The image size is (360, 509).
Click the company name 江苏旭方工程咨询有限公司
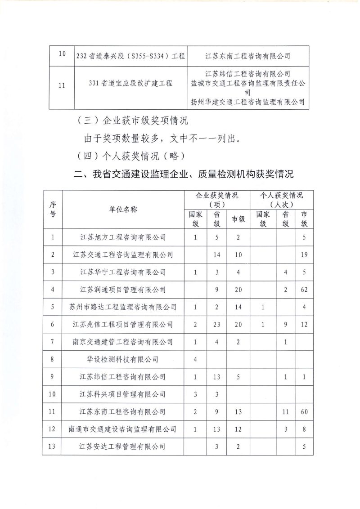point(123,237)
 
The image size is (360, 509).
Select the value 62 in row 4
point(304,290)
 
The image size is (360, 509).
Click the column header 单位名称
point(123,210)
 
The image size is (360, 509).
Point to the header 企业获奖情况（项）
point(217,200)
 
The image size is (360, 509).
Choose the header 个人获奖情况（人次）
point(282,200)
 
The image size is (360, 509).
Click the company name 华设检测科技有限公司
point(123,359)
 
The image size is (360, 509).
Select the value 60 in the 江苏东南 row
point(304,412)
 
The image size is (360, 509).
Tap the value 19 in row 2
point(304,254)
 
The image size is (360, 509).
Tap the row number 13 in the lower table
point(53,447)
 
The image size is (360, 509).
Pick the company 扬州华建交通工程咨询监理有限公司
point(248,102)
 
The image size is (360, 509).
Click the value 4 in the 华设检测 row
point(195,359)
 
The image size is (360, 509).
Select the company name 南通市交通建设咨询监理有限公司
point(123,429)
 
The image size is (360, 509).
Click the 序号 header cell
point(53,210)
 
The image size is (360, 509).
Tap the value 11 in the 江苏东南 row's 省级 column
point(284,412)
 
